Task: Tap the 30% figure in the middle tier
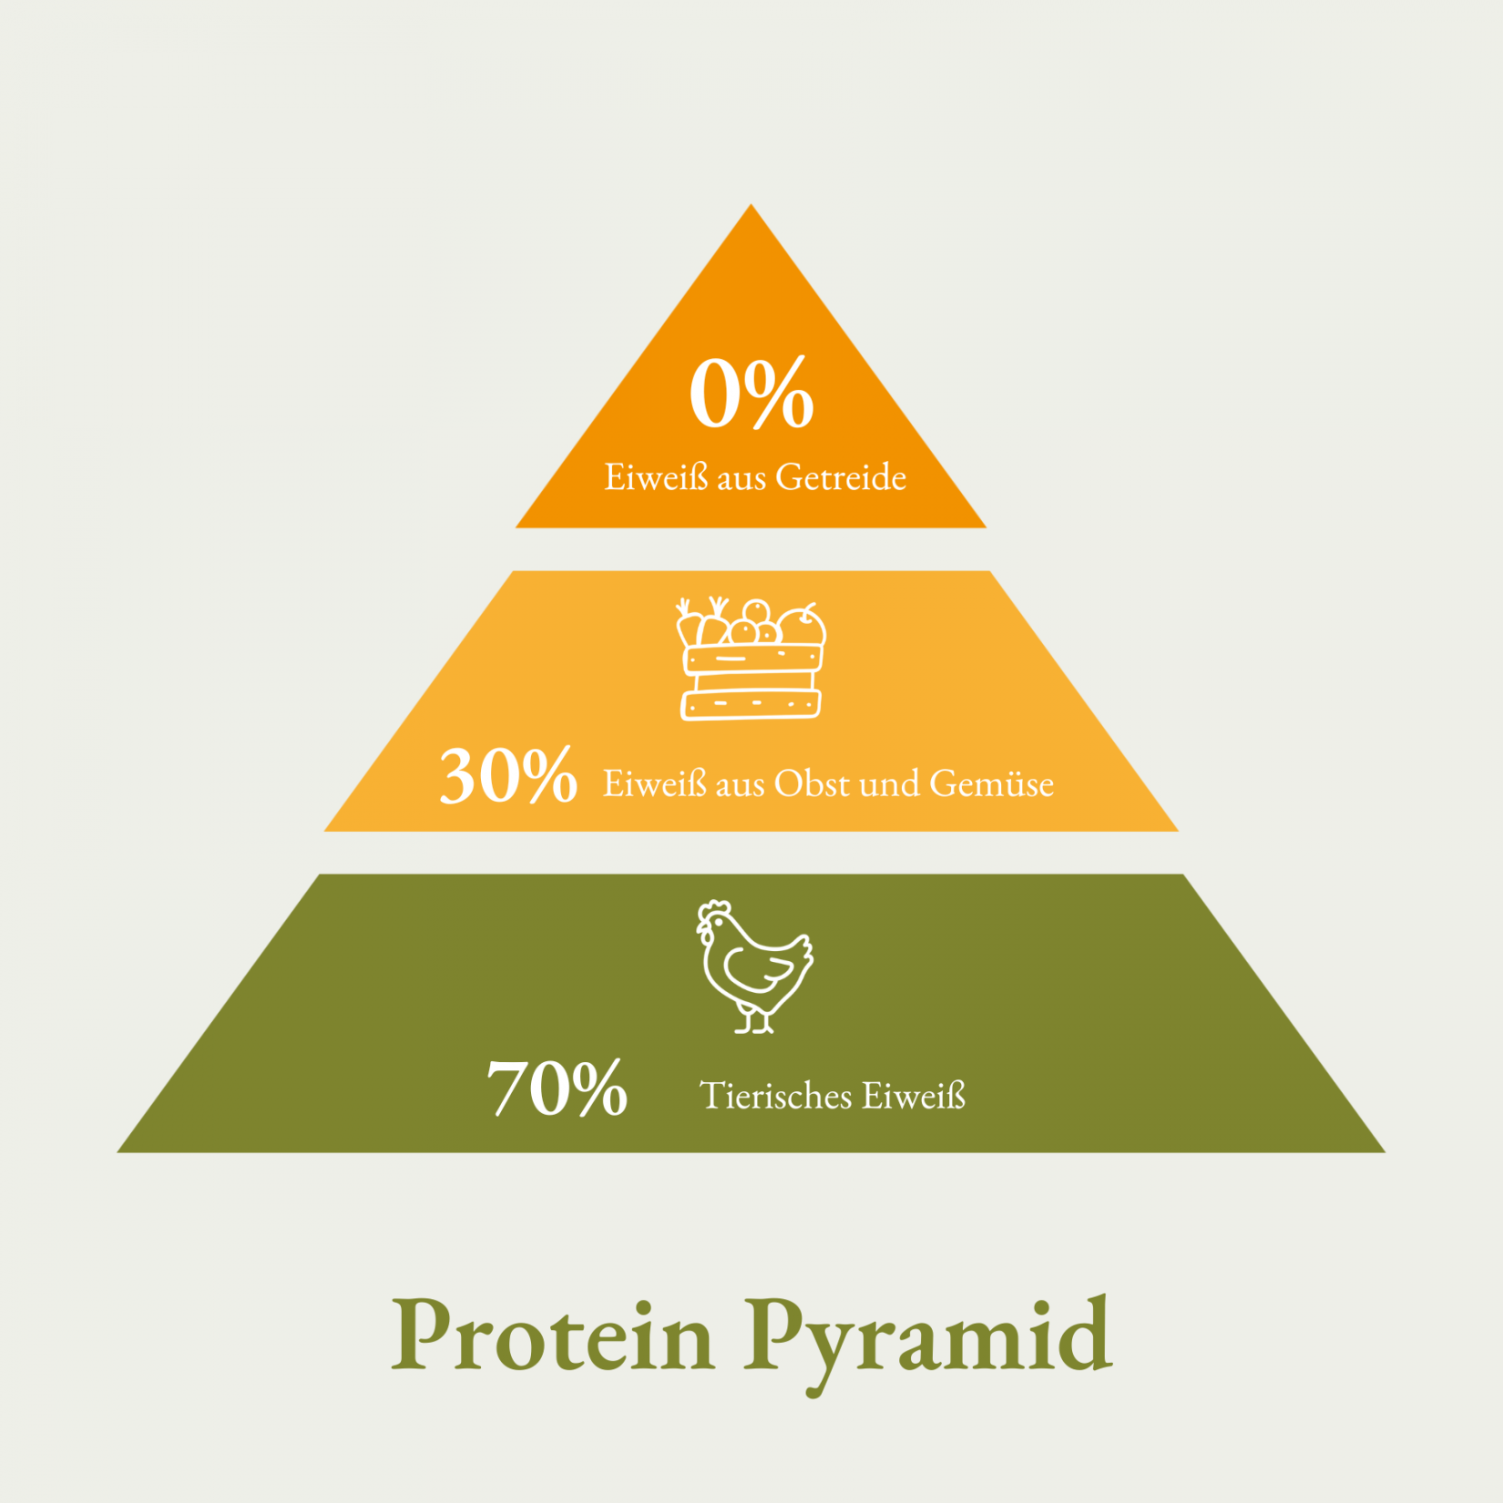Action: click(x=508, y=775)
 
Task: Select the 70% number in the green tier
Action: click(x=557, y=1087)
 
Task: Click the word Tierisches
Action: click(x=776, y=1095)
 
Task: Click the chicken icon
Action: click(x=754, y=966)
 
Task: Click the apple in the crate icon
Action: click(x=802, y=626)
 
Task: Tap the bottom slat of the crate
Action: click(x=751, y=704)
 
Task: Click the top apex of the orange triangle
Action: click(x=751, y=205)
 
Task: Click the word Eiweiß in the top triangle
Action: click(x=656, y=477)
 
